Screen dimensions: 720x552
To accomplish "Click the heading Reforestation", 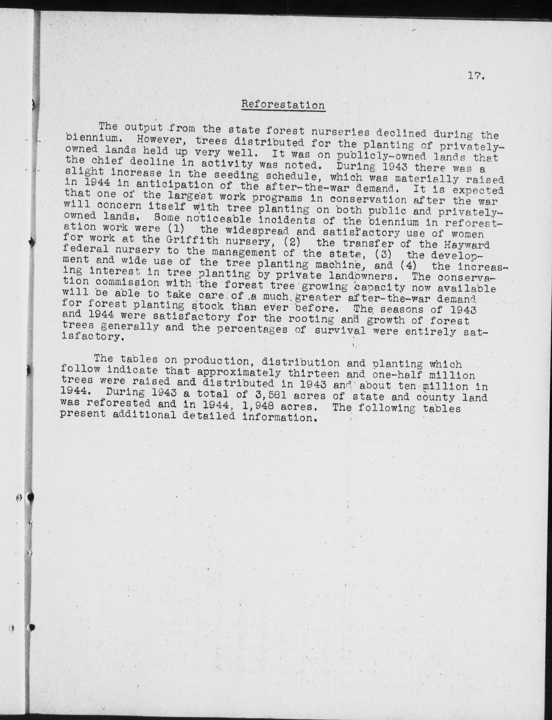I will pos(283,105).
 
